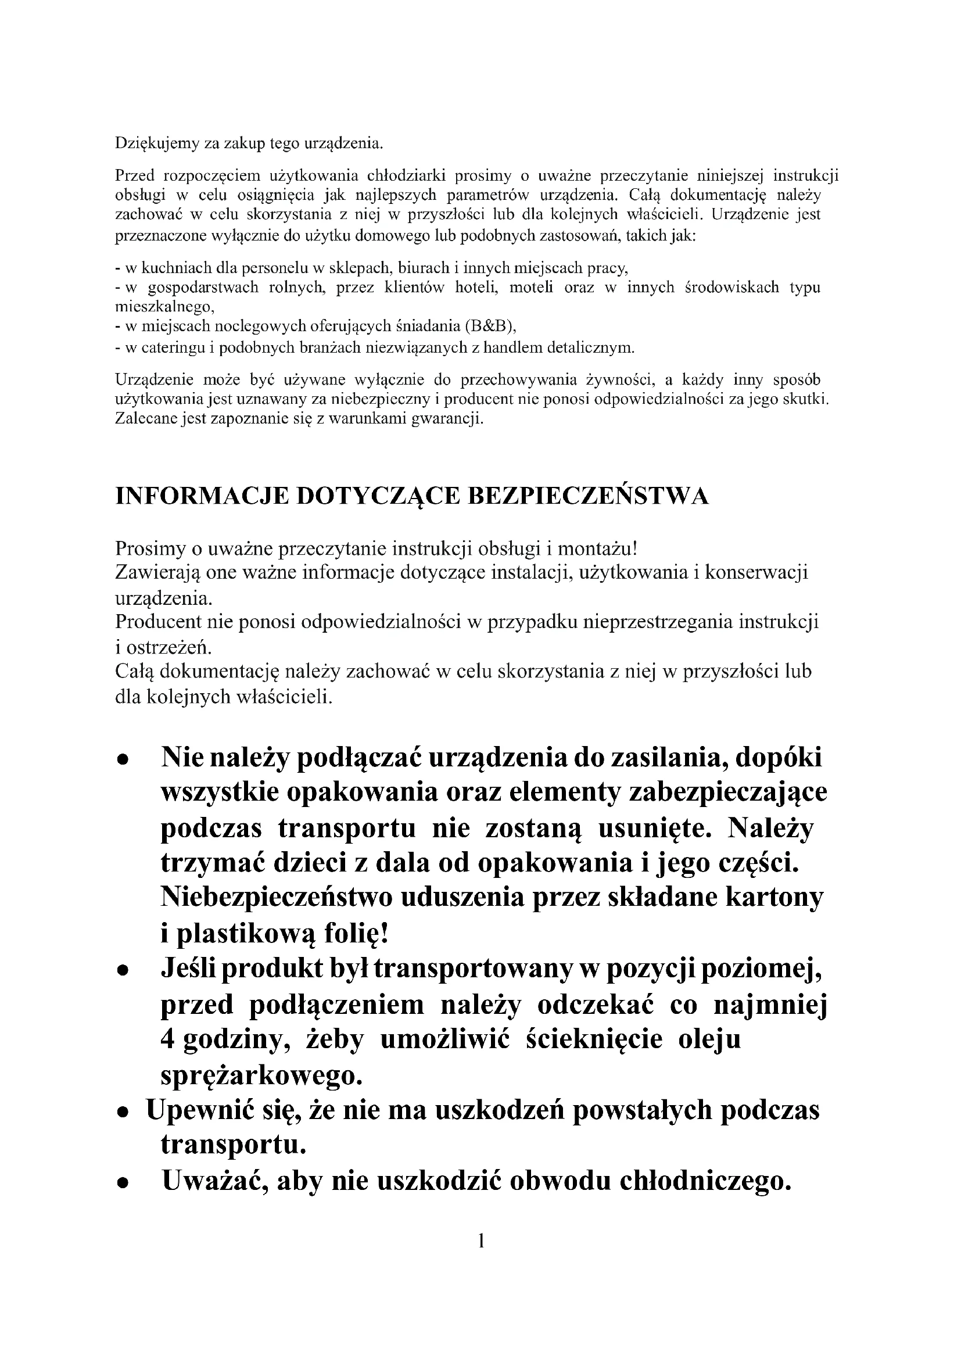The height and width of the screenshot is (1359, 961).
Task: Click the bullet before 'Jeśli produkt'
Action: click(123, 971)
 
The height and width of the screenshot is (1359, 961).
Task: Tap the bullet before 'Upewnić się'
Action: click(123, 1113)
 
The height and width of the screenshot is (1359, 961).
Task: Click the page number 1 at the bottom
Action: click(480, 1240)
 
